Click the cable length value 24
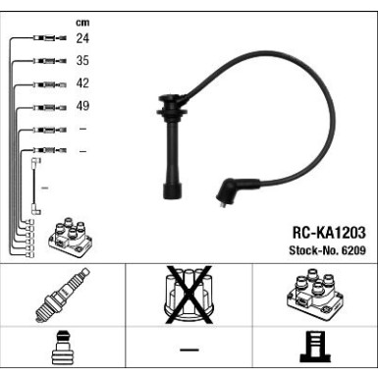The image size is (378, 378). pyautogui.click(x=81, y=39)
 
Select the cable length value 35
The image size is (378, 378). pyautogui.click(x=81, y=61)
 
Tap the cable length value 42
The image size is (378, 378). pyautogui.click(x=81, y=83)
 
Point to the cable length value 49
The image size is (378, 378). pyautogui.click(x=81, y=106)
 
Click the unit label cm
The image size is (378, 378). pyautogui.click(x=81, y=22)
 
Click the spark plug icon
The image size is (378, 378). pyautogui.click(x=62, y=296)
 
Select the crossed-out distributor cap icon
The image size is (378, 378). pyautogui.click(x=188, y=296)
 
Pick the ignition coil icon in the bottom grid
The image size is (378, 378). pyautogui.click(x=313, y=295)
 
